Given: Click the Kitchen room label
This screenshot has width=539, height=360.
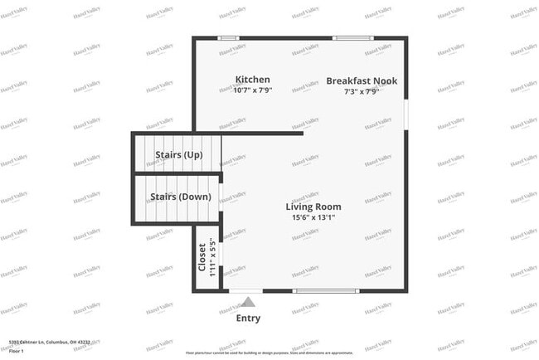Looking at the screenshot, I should (252, 80).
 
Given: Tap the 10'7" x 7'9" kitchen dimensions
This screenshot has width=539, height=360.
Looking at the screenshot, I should (252, 90).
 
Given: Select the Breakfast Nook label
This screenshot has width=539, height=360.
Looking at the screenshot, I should (362, 80).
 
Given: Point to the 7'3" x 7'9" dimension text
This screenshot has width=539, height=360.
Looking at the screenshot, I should (362, 91).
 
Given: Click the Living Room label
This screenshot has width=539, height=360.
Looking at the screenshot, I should (313, 207).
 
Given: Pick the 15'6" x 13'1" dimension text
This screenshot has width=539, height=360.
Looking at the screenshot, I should (313, 217).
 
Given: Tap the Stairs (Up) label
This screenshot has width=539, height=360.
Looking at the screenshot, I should (179, 155).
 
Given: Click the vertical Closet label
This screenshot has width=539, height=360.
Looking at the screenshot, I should (202, 257).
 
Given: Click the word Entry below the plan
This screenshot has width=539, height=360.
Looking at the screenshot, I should (248, 318).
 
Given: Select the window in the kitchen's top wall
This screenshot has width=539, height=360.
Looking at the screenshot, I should (228, 38).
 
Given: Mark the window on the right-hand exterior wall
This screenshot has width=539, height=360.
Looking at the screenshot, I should (406, 112).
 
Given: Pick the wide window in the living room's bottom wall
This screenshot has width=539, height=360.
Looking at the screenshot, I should (326, 290).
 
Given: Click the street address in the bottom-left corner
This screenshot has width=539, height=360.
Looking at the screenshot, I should (49, 341).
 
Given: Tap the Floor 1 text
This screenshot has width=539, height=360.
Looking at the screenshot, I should (16, 351).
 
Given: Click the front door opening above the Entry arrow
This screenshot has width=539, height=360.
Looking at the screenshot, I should (246, 290).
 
